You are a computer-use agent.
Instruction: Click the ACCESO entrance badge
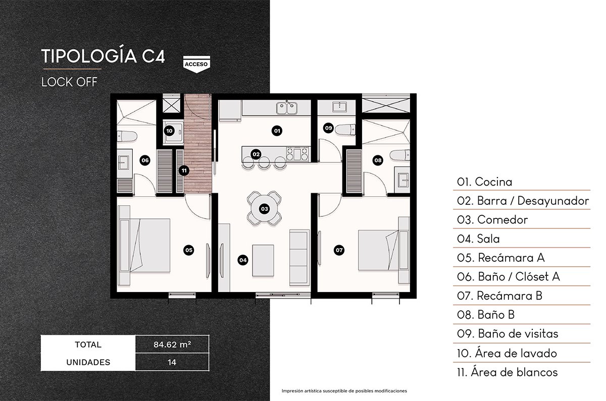point(195,64)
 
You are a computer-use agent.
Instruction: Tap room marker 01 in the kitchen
point(276,131)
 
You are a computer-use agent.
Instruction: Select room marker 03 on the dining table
point(264,208)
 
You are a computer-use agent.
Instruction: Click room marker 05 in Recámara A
point(188,249)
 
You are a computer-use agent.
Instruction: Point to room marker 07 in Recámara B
point(339,249)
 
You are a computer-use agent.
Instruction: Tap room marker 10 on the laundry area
point(170,131)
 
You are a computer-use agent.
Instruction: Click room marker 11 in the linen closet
point(184,170)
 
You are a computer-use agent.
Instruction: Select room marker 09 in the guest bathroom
point(329,128)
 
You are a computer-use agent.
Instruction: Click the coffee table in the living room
point(263,260)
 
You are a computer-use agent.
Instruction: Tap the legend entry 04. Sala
point(478,239)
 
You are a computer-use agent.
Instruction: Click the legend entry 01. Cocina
point(484,182)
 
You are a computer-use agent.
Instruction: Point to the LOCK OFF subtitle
point(69,81)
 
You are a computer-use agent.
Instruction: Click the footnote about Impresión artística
point(344,391)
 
